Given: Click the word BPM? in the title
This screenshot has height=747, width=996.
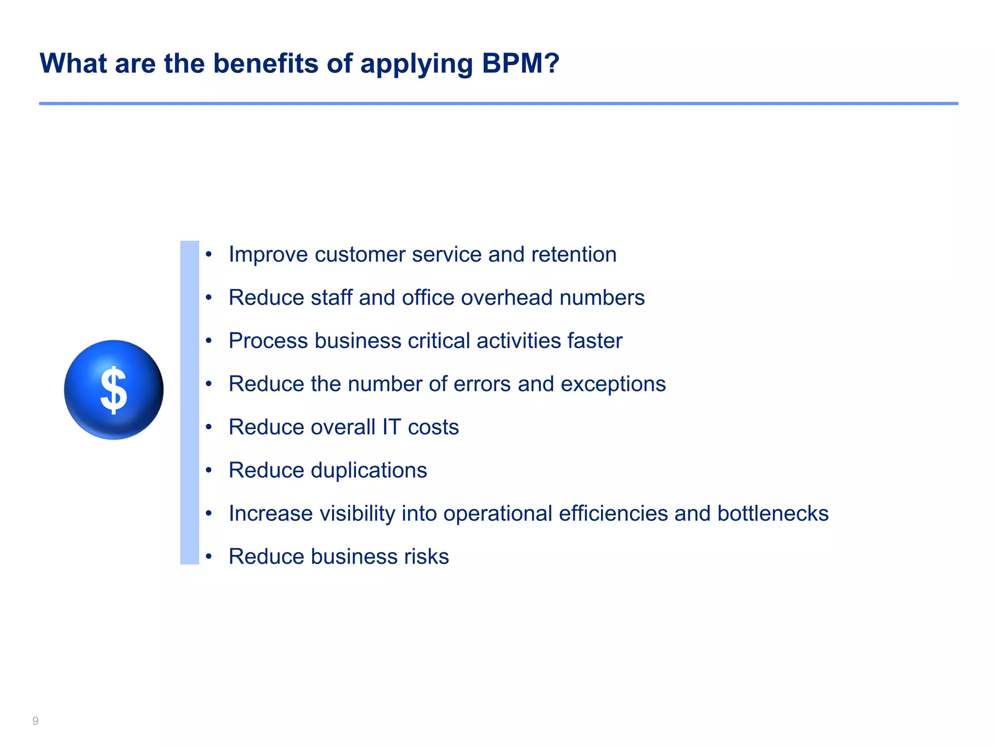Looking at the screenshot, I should (520, 63).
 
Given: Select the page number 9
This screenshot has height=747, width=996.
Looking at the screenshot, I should (36, 721).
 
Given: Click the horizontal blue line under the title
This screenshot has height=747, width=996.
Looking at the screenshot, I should (498, 104).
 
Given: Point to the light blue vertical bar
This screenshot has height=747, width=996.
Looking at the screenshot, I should (190, 402).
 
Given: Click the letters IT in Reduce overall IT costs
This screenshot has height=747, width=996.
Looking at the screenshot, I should (391, 427).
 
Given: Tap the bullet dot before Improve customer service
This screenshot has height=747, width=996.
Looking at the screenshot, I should (209, 254).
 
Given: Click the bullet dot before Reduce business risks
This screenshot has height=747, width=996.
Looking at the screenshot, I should (209, 557).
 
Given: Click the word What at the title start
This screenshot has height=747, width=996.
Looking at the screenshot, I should (73, 63).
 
